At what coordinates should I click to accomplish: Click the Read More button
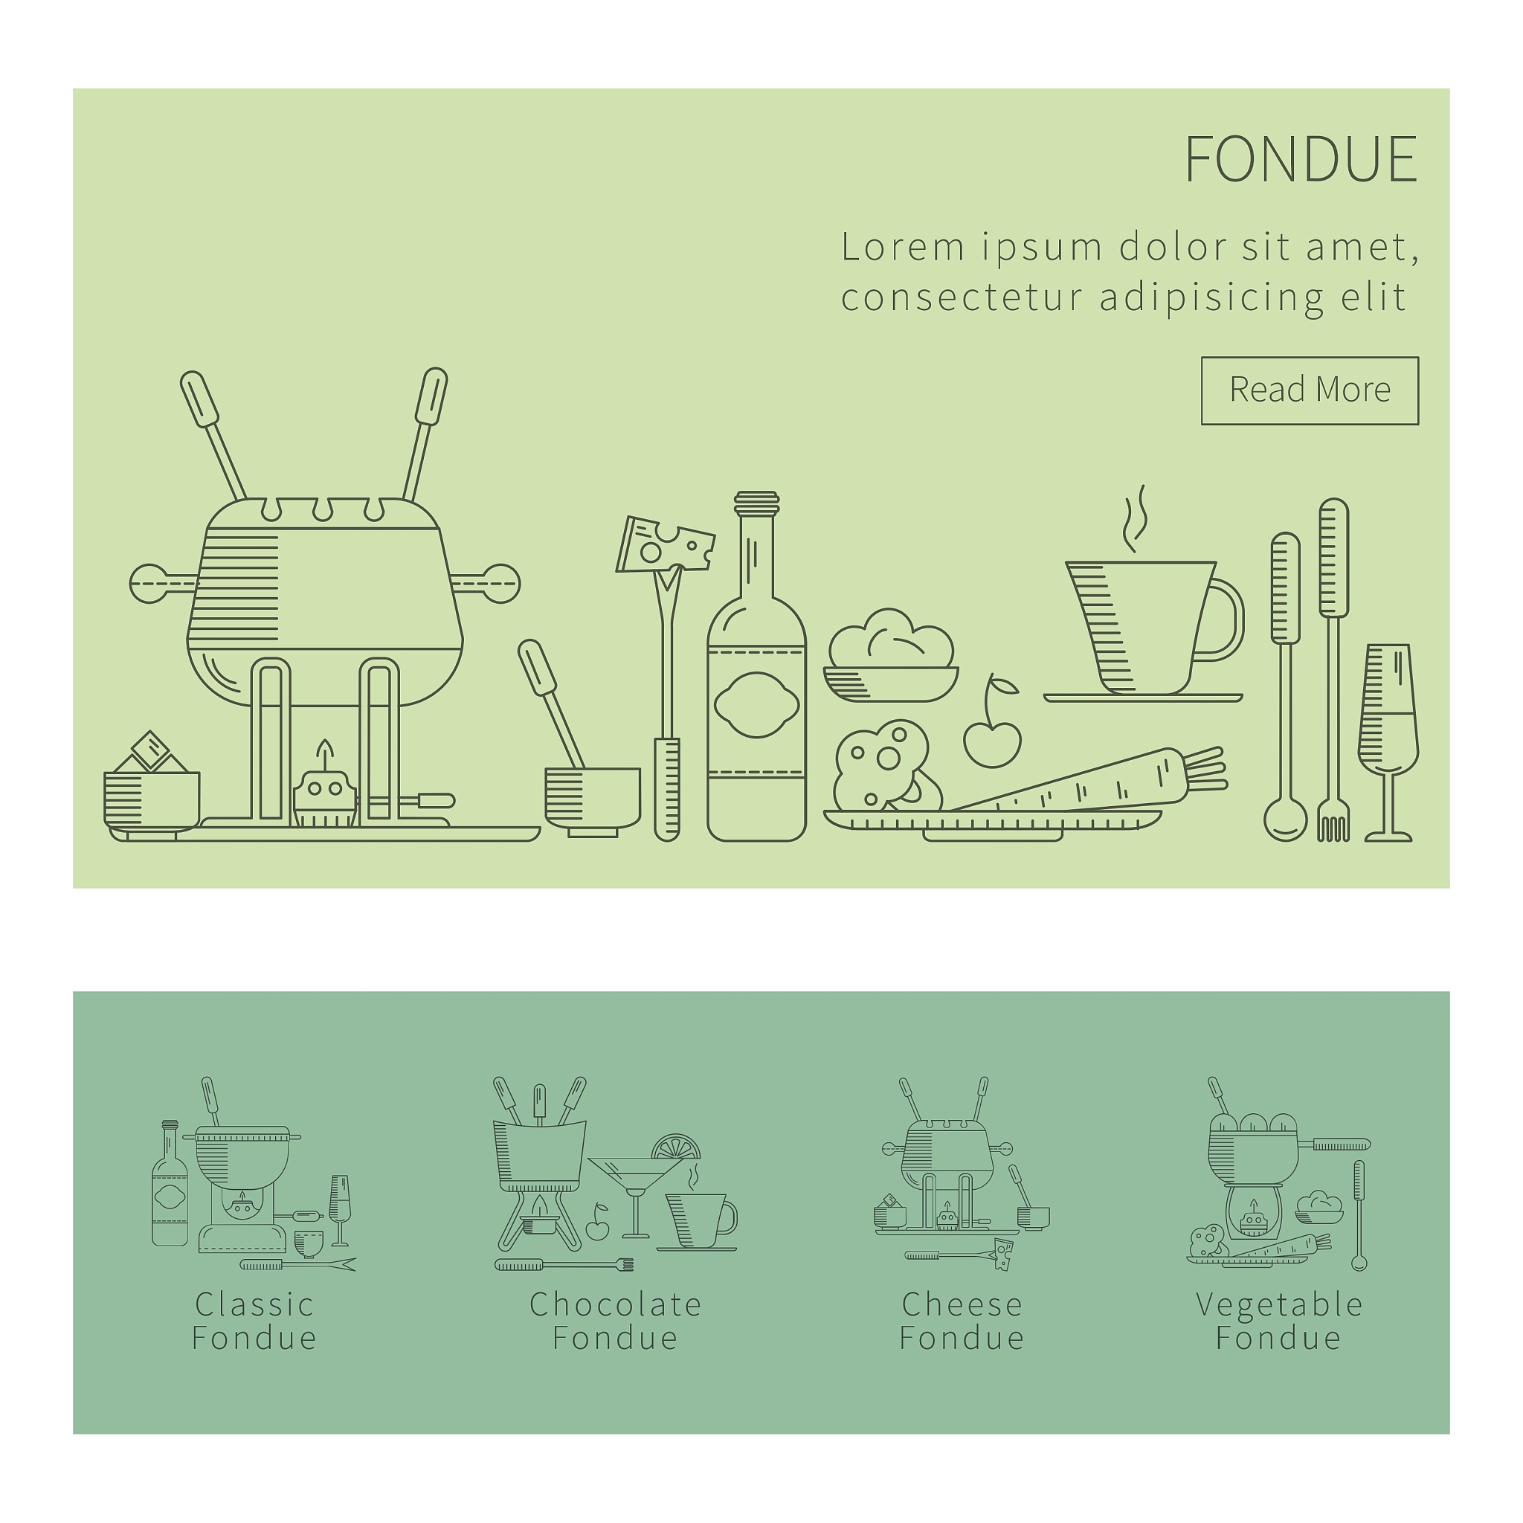[x=1310, y=391]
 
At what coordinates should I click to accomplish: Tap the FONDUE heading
[x=1301, y=159]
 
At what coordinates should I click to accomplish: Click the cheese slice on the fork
[x=666, y=544]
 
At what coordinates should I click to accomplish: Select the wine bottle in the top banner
[x=757, y=667]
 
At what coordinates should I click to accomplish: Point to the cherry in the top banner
[x=992, y=739]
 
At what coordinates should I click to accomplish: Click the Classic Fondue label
[x=254, y=1321]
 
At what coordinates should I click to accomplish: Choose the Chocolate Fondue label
[x=615, y=1321]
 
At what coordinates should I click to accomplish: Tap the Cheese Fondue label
[x=962, y=1321]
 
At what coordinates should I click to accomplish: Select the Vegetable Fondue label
[x=1278, y=1321]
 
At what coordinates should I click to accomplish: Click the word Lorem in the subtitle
[x=904, y=247]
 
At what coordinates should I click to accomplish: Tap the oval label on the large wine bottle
[x=757, y=705]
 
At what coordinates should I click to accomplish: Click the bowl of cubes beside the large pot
[x=152, y=788]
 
